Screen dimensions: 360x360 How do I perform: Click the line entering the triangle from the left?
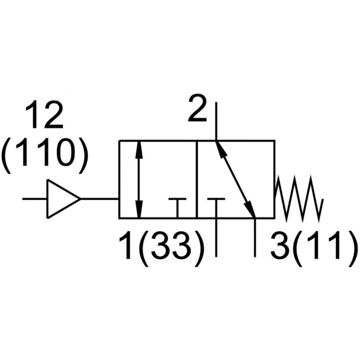coord(35,198)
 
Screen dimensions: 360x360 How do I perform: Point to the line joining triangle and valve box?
coord(99,198)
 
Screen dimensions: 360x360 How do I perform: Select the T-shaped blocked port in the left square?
coord(178,205)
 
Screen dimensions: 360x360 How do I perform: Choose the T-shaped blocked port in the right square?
coord(216,205)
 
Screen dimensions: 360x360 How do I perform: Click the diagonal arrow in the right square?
coord(235,179)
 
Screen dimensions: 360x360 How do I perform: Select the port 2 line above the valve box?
coord(216,121)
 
